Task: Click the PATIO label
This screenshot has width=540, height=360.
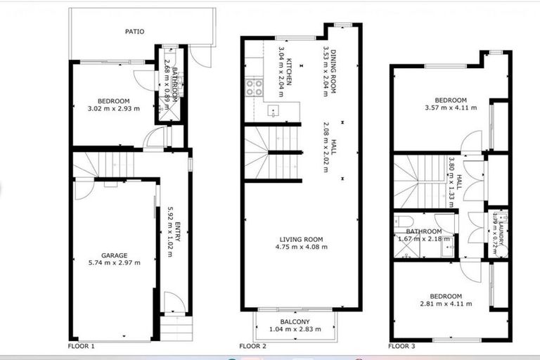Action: (134, 32)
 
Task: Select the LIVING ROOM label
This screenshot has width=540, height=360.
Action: (301, 239)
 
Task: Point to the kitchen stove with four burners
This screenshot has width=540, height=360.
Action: (253, 88)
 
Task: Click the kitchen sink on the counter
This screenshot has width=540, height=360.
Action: (274, 111)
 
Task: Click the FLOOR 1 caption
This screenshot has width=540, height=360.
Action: (81, 347)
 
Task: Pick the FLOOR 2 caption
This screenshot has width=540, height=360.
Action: (253, 347)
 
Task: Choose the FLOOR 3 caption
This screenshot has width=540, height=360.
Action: (403, 347)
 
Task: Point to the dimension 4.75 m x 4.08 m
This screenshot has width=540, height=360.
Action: (301, 247)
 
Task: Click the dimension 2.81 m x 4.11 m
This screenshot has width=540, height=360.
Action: (446, 304)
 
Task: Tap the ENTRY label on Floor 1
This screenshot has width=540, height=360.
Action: (178, 232)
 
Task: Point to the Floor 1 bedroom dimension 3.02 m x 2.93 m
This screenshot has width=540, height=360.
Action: (113, 108)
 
